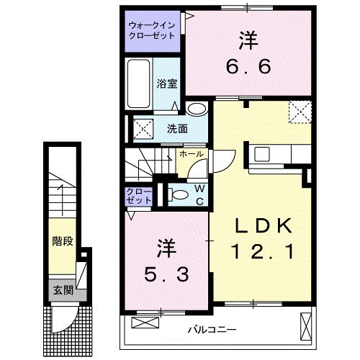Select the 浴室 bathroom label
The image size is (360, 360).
(166, 82)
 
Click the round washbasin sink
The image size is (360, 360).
(195, 109)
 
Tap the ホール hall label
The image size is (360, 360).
(190, 153)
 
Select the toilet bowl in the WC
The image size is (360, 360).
(176, 194)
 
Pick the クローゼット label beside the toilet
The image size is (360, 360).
(138, 195)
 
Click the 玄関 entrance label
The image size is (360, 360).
(63, 290)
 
